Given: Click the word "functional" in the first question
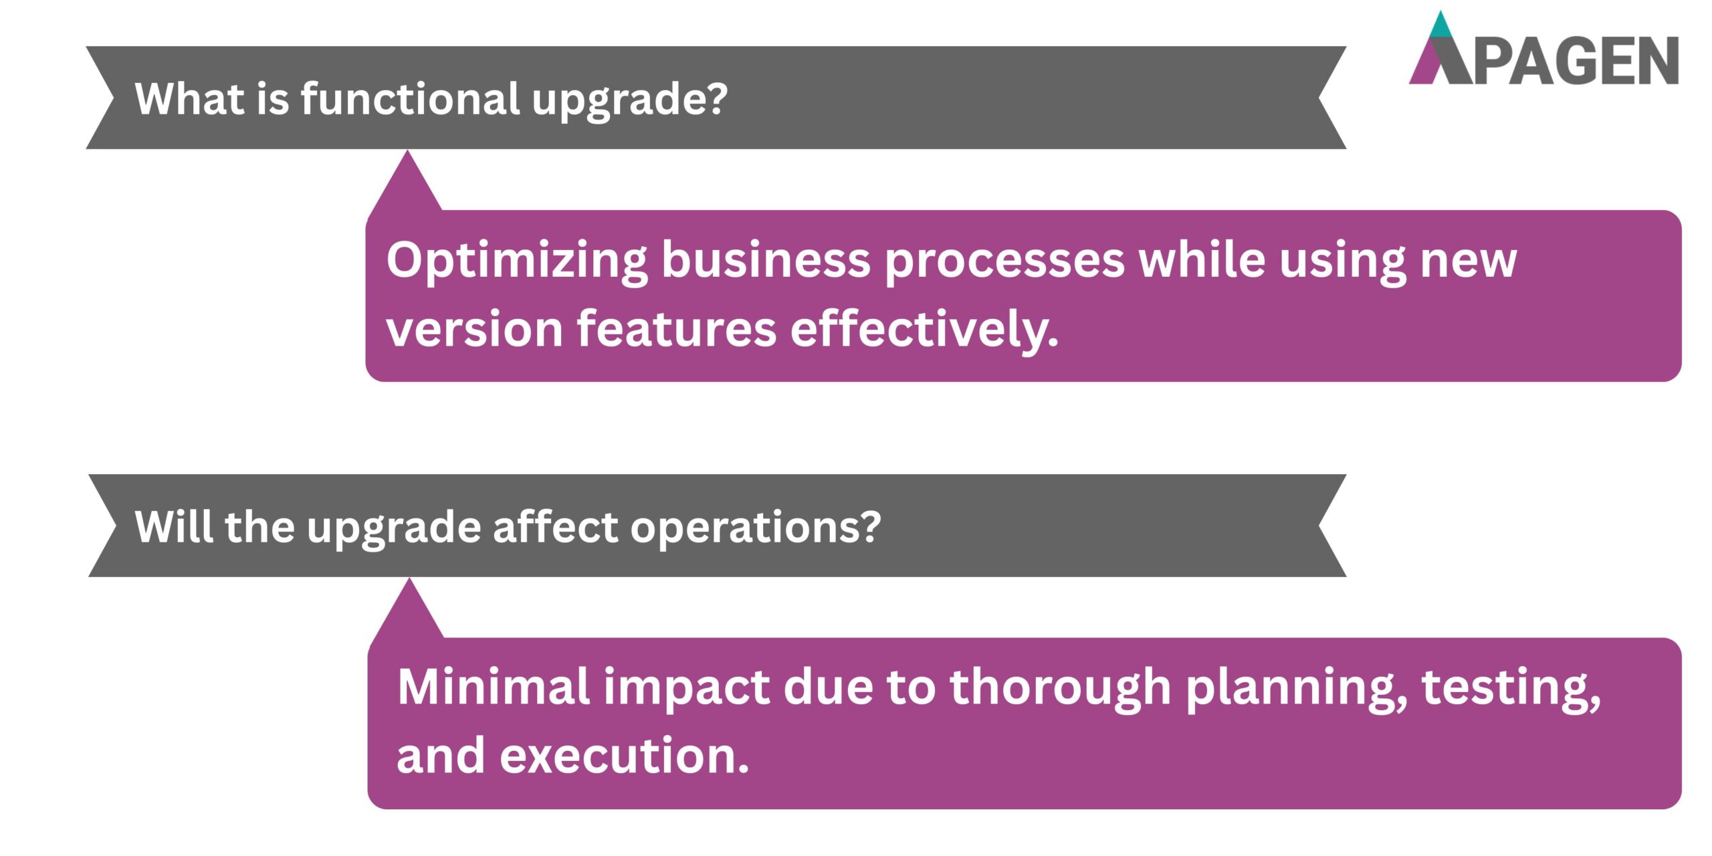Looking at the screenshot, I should [410, 98].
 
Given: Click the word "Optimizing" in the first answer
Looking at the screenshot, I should [516, 261].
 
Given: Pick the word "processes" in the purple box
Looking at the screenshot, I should [1004, 261].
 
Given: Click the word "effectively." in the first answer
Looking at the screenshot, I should [924, 330].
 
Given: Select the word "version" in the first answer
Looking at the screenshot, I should [475, 330].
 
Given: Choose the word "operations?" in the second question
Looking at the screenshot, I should [755, 528].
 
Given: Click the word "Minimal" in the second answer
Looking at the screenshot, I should [493, 687].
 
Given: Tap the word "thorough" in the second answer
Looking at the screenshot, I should [1060, 688].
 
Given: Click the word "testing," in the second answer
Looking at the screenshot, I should [1511, 688].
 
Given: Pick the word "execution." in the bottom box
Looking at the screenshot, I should [624, 756].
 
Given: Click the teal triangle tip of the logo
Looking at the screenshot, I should [1441, 25].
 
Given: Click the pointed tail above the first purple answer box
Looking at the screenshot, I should [406, 184].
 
